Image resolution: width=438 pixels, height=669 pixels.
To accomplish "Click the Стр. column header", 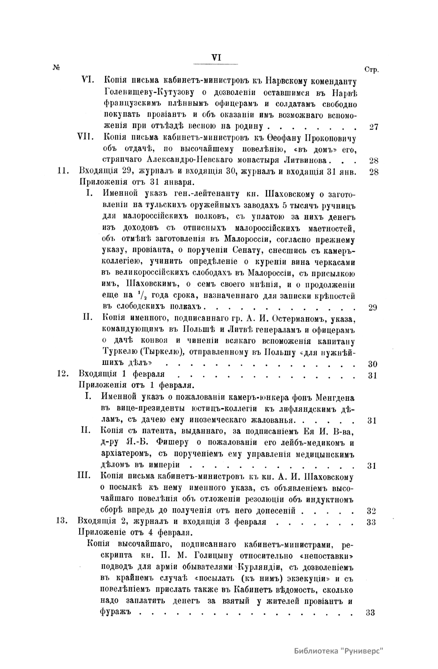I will coord(372,70).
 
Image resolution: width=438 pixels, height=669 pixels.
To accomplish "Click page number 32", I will coord(372,510).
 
